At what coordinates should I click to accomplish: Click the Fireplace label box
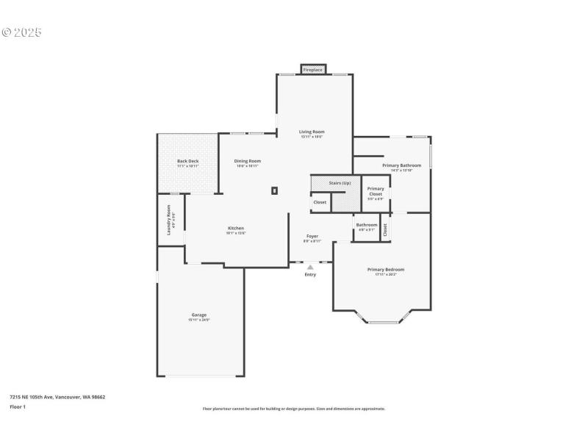[x=312, y=70]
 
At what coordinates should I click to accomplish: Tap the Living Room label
[x=312, y=132]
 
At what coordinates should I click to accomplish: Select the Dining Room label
[x=247, y=161]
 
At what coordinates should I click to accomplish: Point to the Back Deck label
[x=187, y=161]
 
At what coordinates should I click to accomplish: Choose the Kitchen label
[x=235, y=228]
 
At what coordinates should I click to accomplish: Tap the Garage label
[x=199, y=315]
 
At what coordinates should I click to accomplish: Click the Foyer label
[x=312, y=236]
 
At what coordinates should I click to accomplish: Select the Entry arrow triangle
[x=310, y=268]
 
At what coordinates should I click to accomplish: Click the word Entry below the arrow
[x=310, y=275]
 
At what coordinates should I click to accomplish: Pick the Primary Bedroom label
[x=386, y=270]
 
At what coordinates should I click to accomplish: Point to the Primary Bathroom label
[x=401, y=165]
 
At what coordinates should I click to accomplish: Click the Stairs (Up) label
[x=340, y=182]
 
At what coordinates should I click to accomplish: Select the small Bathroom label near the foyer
[x=367, y=225]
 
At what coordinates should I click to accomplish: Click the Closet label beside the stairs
[x=320, y=202]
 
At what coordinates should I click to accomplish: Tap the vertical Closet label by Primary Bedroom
[x=385, y=229]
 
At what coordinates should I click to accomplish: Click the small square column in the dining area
[x=274, y=190]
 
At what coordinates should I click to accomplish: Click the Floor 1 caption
[x=17, y=406]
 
